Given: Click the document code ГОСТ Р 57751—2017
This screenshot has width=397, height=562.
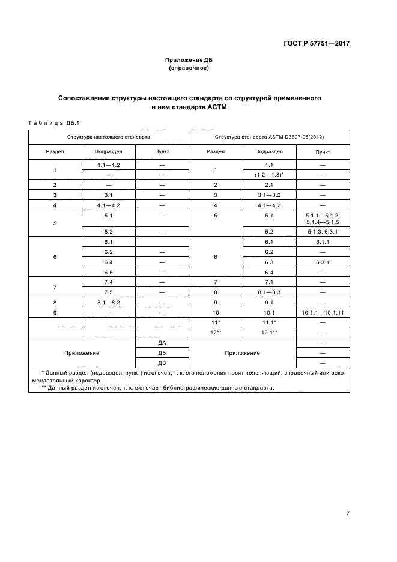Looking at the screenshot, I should pos(316,44).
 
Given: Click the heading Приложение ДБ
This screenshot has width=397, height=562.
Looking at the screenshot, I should pos(189,61).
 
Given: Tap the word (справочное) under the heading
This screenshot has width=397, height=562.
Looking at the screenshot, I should pos(189,68).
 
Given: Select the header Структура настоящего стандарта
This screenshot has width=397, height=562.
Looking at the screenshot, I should pos(109,137).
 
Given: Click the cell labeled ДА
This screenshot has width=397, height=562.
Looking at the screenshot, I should pos(162,342).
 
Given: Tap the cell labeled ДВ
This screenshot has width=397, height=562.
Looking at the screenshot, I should pos(162,363).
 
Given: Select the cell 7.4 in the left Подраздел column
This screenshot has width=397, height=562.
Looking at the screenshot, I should pos(109,282).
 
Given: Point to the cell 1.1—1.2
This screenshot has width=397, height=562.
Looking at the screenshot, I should pos(109,165).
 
